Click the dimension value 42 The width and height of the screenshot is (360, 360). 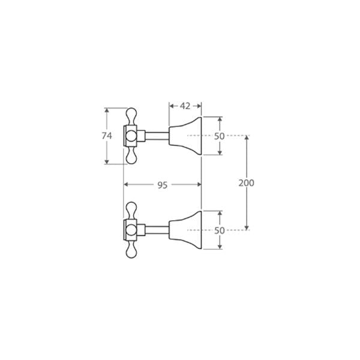coord(185,106)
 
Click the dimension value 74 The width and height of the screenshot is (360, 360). coord(107,136)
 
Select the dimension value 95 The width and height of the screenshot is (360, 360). coord(162,185)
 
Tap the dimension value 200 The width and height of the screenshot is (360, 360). coord(246,183)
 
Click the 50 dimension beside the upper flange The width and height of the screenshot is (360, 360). coord(219,136)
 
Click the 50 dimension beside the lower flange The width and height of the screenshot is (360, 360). coord(219,230)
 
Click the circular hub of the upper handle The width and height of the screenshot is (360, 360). coord(131,136)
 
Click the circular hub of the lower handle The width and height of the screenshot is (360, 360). coord(131,230)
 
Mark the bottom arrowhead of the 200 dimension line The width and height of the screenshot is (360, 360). coord(247,227)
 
